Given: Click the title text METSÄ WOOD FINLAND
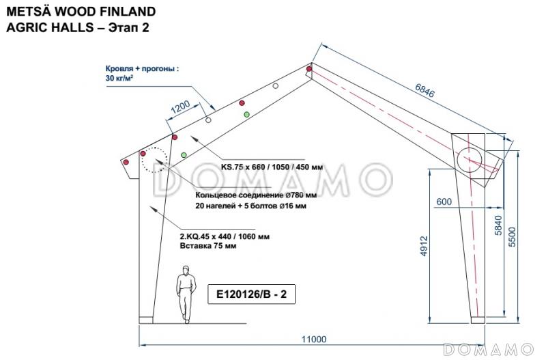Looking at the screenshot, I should point(80,12).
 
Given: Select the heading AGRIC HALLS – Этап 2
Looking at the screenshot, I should point(76,28).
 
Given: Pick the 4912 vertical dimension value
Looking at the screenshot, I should point(422,245).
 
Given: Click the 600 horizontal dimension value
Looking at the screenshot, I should point(444,202).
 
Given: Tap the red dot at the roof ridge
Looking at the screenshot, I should point(309,69).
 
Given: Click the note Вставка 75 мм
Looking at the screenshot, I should point(207,246).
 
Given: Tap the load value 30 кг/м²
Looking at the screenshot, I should point(119,79).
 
